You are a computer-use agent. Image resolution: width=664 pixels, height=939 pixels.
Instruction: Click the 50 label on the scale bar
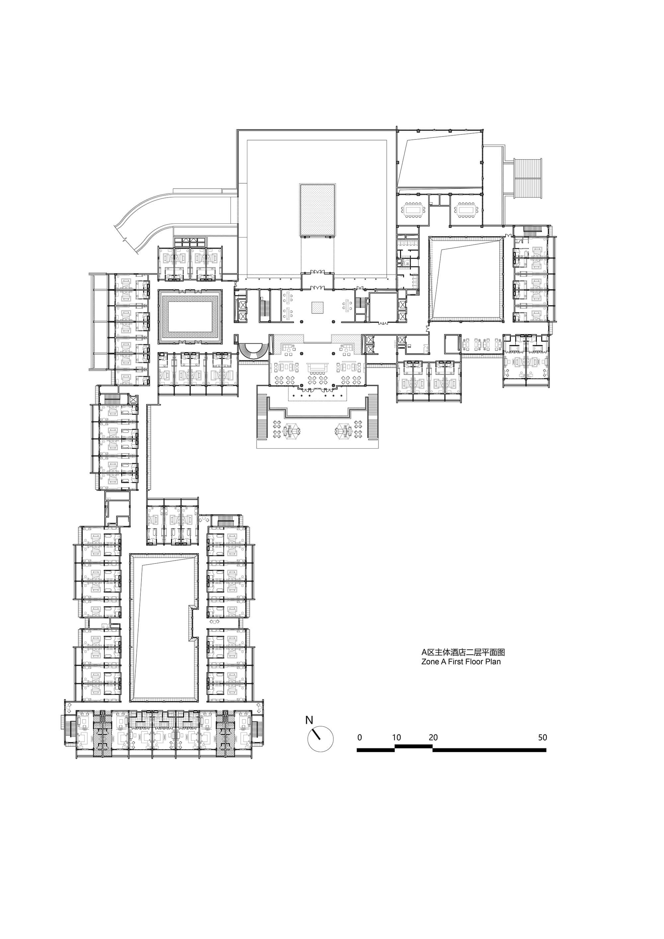pyautogui.click(x=542, y=737)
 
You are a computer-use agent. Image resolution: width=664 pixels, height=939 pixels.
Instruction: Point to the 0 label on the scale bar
pyautogui.click(x=360, y=737)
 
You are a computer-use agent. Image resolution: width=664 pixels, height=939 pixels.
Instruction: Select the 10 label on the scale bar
pyautogui.click(x=396, y=737)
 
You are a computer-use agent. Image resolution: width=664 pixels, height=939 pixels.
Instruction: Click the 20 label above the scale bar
pyautogui.click(x=433, y=737)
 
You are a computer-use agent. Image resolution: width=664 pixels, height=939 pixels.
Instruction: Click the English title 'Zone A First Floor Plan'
pyautogui.click(x=461, y=662)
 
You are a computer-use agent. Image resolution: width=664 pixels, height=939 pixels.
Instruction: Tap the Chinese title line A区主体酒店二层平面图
pyautogui.click(x=463, y=652)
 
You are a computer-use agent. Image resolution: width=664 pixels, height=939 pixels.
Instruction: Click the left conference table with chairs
pyautogui.click(x=413, y=210)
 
